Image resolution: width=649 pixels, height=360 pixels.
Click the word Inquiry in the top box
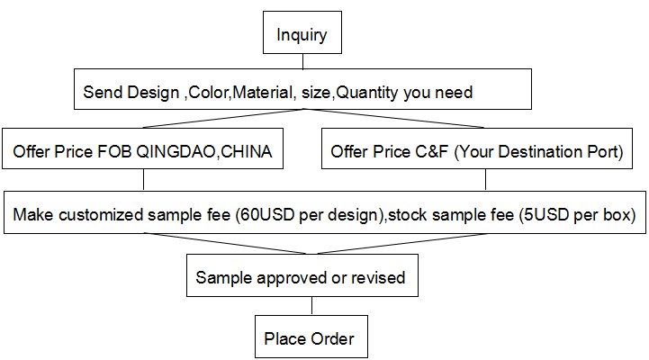click(302, 35)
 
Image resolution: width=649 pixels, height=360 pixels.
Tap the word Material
click(264, 92)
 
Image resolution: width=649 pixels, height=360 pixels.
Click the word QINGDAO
click(176, 152)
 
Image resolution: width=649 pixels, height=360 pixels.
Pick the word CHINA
click(247, 152)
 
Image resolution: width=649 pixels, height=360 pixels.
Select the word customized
click(101, 215)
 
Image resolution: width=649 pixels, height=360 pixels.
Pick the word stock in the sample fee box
click(408, 215)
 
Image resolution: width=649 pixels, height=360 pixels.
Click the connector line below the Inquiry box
click(303, 61)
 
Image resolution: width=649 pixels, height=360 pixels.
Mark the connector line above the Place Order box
click(311, 306)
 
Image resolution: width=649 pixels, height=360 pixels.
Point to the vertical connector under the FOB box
click(143, 180)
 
